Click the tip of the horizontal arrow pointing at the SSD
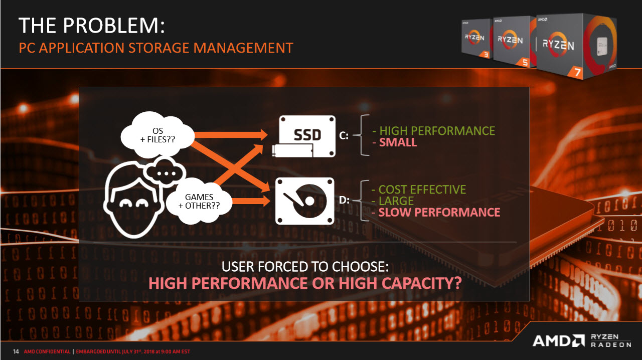268,135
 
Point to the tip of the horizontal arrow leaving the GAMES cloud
270,200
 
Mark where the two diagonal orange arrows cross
234,167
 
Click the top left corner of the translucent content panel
79,87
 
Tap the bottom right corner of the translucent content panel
530,301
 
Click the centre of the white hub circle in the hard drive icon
309,201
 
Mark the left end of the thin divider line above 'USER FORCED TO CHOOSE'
94,242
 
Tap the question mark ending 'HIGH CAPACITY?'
458,283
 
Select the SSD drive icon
304,136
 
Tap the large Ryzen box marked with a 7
576,46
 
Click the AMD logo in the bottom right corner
558,341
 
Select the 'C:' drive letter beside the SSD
344,135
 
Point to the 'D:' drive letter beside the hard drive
344,200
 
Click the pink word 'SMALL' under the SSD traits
398,142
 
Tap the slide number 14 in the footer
16,351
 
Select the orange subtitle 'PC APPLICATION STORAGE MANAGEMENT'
156,48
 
